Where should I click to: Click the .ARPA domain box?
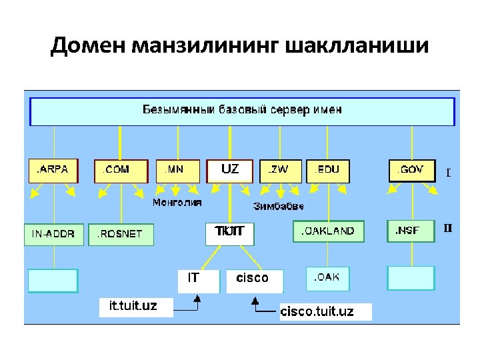(x=53, y=170)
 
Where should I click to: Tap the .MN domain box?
(x=177, y=170)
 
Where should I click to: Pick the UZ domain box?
(x=231, y=170)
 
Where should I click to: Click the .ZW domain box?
(x=280, y=170)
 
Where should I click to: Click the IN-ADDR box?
(x=54, y=234)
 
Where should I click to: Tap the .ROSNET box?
(x=121, y=234)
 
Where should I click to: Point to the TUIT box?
(x=230, y=232)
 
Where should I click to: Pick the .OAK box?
(x=328, y=278)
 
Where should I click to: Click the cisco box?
(x=255, y=280)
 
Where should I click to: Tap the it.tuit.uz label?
(x=134, y=306)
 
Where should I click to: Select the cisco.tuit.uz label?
(x=325, y=311)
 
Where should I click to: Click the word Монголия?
(x=177, y=202)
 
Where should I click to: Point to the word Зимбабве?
(x=278, y=206)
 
